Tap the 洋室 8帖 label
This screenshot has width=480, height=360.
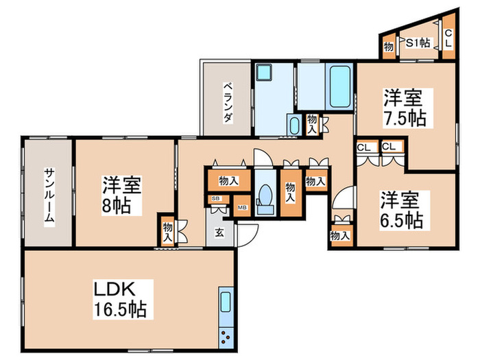coord(122,195)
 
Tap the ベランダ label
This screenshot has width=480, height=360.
coord(227,103)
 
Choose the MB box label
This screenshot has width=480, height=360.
coord(241,206)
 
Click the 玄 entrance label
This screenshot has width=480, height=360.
coord(219,232)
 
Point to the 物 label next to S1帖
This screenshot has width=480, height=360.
coord(389,47)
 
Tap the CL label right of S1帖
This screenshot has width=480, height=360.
coord(448,38)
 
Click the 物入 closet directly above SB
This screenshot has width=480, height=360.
coord(228,182)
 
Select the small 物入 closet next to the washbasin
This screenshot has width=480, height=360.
coord(312,123)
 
